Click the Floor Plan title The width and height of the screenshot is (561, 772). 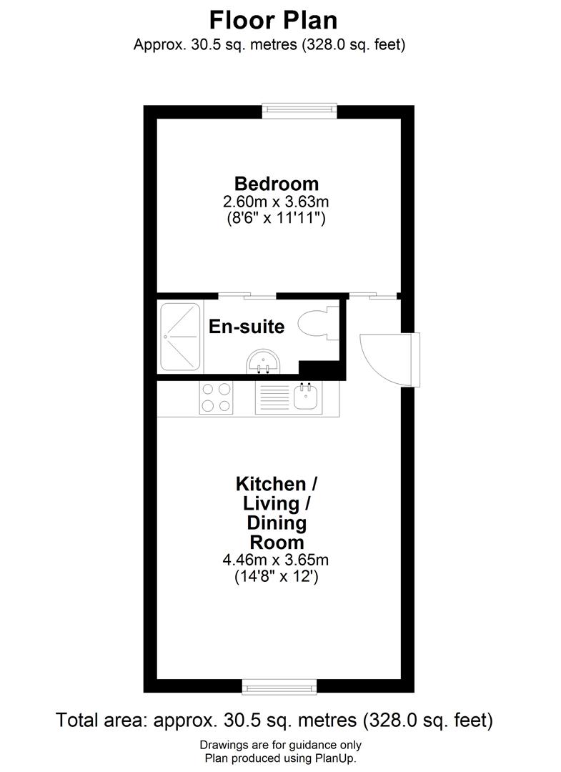coord(273,19)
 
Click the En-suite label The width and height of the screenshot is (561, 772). coord(247,327)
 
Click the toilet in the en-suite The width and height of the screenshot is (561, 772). coord(315,327)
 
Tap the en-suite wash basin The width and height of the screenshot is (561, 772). coord(264,362)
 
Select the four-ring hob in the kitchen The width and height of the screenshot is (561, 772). coord(217,397)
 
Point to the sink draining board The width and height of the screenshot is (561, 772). coord(271,397)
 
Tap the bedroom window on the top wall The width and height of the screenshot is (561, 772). coord(299,109)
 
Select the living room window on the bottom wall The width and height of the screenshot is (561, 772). coord(279,688)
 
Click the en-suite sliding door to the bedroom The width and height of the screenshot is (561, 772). coord(247,295)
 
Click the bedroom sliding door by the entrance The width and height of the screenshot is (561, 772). coord(374,295)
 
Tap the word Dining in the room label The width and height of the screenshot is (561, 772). coord(277,523)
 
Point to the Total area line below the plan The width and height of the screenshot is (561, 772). coord(274,719)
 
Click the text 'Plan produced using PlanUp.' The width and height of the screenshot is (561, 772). coord(280,758)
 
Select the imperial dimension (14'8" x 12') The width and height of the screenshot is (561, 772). coord(276,577)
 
